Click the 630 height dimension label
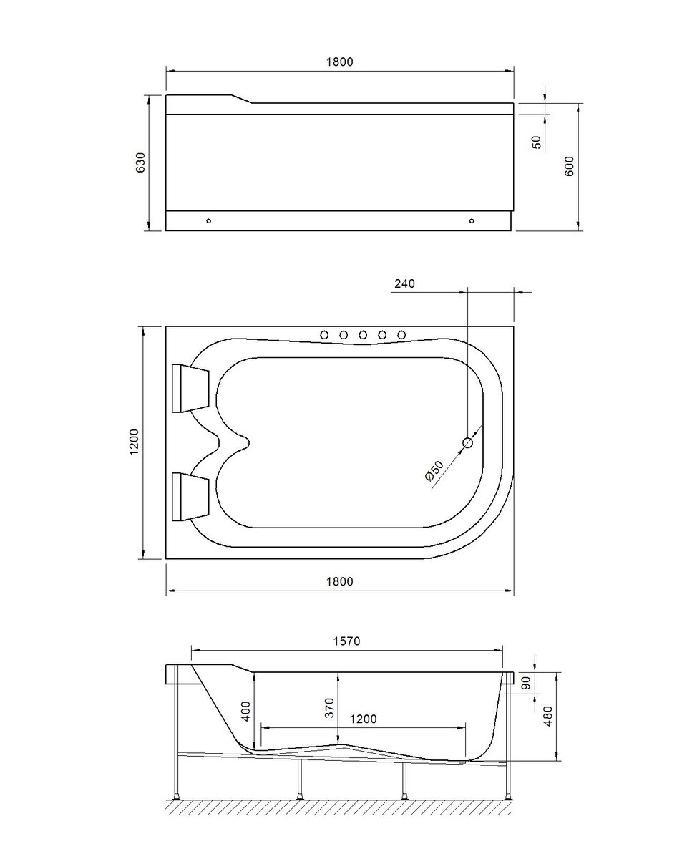pos(141,162)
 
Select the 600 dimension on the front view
pos(569,166)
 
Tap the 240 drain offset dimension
pos(405,283)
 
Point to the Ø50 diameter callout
pos(434,471)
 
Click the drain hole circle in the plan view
pos(467,442)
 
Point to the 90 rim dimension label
pos(526,683)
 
